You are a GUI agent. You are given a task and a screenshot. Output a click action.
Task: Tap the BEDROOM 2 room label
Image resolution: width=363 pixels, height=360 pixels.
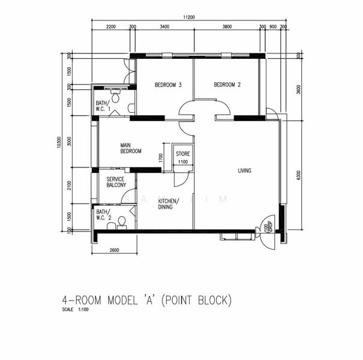(x=227, y=85)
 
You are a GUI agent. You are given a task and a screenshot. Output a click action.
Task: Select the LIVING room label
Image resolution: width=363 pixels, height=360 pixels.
(x=244, y=171)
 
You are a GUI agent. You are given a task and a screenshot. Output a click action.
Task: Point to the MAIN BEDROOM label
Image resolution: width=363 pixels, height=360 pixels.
(x=130, y=148)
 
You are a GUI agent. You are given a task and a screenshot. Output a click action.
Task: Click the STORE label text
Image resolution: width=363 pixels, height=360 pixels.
(x=182, y=154)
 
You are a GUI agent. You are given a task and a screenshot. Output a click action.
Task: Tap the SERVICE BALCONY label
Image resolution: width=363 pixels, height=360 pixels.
(x=116, y=182)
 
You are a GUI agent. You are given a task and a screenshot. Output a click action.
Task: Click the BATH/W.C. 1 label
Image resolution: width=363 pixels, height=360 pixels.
(x=103, y=106)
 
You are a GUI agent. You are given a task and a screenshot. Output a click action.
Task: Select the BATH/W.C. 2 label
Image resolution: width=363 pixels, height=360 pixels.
(x=103, y=215)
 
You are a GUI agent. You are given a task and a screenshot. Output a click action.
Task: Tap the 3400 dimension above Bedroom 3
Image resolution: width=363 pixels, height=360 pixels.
(x=164, y=27)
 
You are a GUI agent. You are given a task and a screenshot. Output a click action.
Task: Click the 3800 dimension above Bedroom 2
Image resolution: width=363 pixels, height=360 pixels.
(x=227, y=27)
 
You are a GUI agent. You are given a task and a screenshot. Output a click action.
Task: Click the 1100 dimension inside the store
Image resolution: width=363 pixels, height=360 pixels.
(x=182, y=162)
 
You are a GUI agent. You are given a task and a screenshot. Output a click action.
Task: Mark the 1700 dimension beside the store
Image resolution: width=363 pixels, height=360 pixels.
(x=161, y=158)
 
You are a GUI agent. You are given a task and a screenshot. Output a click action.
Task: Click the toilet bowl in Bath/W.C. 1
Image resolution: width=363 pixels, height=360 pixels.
(x=115, y=97)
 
